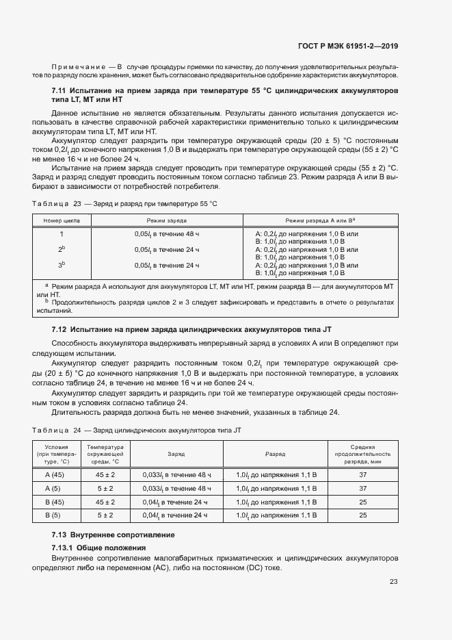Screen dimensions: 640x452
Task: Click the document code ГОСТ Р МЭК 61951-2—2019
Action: [349, 47]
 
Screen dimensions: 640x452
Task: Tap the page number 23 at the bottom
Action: [393, 582]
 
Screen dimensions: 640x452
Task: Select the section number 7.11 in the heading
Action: [59, 90]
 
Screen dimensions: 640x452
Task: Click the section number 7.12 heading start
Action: [59, 330]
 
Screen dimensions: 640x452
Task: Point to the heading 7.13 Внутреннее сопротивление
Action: [113, 535]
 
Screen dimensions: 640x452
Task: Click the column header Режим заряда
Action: [167, 221]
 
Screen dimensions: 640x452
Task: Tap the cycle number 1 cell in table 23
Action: [62, 234]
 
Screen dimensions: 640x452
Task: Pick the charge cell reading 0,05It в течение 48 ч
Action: [167, 234]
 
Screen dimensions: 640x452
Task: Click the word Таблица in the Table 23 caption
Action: [50, 203]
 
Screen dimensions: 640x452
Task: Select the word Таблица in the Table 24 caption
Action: [50, 430]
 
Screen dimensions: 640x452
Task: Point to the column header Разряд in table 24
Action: [275, 454]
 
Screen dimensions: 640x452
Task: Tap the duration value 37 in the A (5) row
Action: [363, 488]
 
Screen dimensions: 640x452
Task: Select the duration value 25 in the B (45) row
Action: [363, 502]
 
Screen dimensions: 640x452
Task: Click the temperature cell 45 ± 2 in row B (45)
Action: [105, 502]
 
